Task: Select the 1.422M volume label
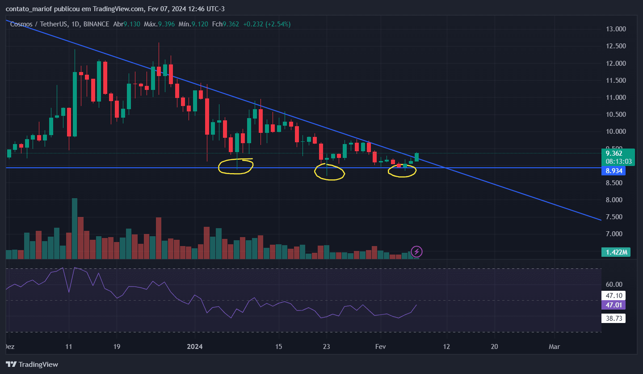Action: tap(616, 252)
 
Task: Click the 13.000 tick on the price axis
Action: tap(615, 29)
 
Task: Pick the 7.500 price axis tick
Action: tap(615, 217)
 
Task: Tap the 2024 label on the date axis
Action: tap(195, 347)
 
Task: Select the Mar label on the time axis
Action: tap(554, 347)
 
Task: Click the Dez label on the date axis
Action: tap(8, 347)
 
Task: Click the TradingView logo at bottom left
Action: tap(32, 364)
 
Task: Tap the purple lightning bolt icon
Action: tap(416, 251)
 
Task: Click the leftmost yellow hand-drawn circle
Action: tap(235, 166)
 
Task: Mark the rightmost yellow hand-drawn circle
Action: tap(402, 170)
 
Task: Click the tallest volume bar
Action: tap(75, 229)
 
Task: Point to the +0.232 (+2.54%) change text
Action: tap(267, 24)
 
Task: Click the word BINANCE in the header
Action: tap(96, 24)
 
